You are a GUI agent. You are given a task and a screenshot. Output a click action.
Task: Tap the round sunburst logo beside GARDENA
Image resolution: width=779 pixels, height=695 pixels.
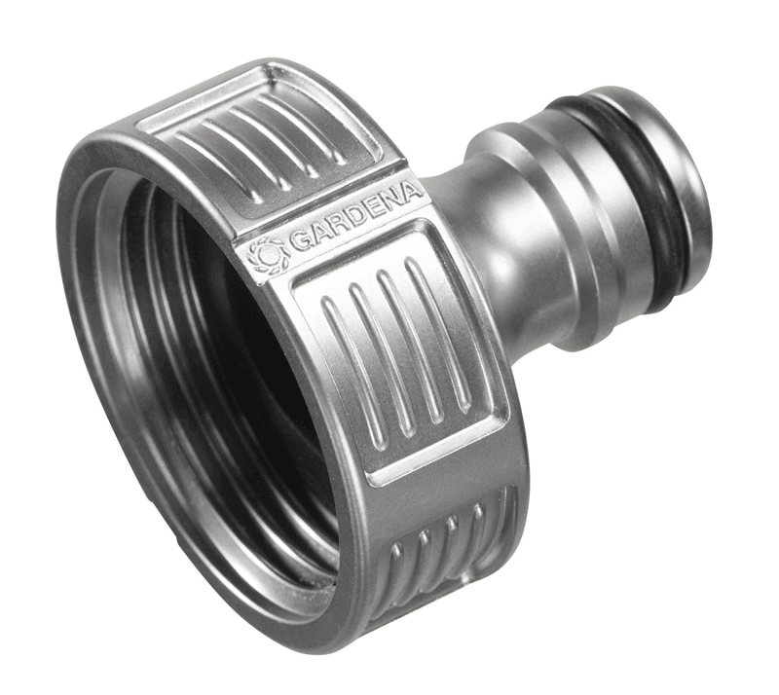(270, 257)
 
